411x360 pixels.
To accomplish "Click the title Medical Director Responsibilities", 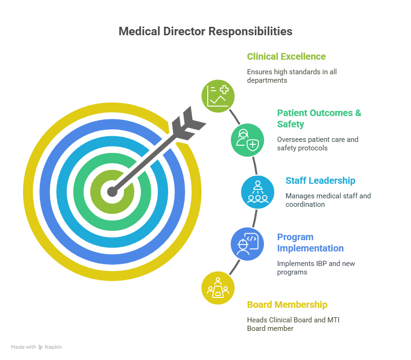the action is click(x=206, y=31).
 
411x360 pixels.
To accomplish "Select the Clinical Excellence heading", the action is click(x=286, y=56).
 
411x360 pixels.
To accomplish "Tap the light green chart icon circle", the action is click(x=218, y=96).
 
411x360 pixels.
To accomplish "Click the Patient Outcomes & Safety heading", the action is click(x=319, y=118).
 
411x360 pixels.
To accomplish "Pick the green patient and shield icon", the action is click(x=247, y=140).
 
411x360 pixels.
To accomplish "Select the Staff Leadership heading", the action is click(x=320, y=180).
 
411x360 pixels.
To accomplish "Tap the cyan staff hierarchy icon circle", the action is click(x=258, y=192).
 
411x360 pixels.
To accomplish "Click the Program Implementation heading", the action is click(x=310, y=243).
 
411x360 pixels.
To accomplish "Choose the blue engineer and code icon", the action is click(x=247, y=244).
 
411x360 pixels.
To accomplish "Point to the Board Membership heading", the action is click(x=287, y=305).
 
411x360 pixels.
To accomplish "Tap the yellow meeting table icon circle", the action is click(x=218, y=288).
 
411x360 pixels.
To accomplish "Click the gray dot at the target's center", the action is click(x=112, y=192).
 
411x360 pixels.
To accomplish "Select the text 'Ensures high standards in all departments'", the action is click(x=292, y=76).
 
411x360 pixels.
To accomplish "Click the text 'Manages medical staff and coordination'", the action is click(x=328, y=200).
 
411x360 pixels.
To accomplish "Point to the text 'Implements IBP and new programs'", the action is click(x=316, y=268).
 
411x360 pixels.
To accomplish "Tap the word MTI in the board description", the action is click(x=333, y=320).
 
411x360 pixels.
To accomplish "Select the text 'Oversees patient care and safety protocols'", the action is click(x=318, y=144).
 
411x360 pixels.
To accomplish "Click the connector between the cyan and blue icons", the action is click(x=255, y=219).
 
